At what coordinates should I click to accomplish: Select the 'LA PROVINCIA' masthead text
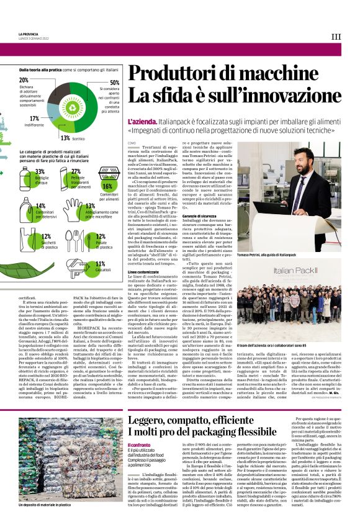coord(29,34)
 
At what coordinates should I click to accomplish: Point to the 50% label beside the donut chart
coord(114,83)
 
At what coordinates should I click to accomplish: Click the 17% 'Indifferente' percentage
coord(34,118)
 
